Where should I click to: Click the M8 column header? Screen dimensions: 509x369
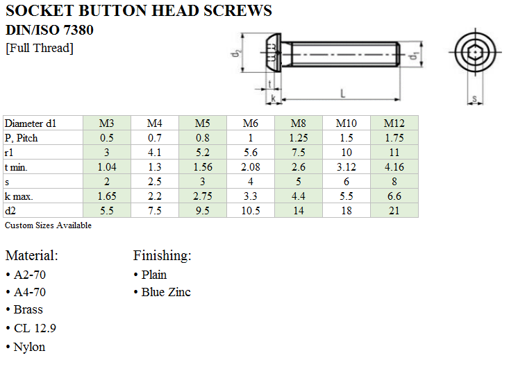[299, 123]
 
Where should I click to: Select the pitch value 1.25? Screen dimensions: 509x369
[299, 138]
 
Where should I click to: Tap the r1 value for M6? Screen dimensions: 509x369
[250, 153]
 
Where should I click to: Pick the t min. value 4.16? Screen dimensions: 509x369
[394, 167]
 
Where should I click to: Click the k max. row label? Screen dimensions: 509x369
[19, 196]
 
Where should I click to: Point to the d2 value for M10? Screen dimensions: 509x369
[347, 211]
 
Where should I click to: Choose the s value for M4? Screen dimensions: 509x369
[155, 182]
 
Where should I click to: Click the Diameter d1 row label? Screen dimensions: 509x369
[31, 123]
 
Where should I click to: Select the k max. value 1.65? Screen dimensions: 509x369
[107, 196]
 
